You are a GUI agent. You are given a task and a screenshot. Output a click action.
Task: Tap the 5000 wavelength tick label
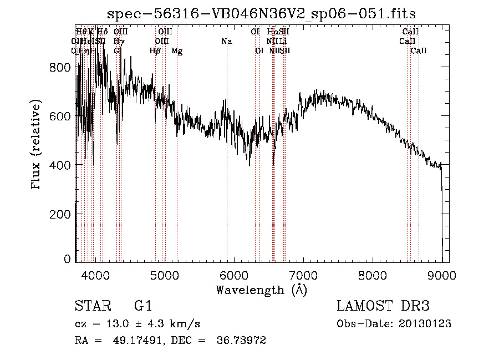point(164,275)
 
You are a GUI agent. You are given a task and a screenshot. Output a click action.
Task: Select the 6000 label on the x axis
point(234,275)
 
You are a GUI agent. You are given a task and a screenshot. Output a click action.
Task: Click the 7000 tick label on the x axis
point(303,275)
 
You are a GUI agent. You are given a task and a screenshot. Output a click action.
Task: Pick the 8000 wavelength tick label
point(373,275)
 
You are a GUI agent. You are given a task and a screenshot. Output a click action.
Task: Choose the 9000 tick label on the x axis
point(442,275)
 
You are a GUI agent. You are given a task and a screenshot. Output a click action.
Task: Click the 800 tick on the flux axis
point(60,67)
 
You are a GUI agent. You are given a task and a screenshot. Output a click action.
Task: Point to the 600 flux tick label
point(60,116)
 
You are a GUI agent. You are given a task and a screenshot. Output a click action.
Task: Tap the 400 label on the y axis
point(60,165)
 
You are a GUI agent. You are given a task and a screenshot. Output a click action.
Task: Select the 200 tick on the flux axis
point(60,214)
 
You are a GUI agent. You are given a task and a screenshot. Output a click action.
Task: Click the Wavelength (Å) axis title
point(262,290)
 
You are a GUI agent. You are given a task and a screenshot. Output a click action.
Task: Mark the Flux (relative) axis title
point(37,145)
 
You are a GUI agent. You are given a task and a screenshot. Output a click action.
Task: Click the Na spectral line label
point(226,41)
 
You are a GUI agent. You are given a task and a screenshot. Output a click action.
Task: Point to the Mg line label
point(177,51)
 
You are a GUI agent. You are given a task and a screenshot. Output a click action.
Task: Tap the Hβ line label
point(155,51)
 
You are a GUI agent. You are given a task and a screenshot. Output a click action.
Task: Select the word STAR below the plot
point(91,306)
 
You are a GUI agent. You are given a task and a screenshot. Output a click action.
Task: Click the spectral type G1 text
point(143,306)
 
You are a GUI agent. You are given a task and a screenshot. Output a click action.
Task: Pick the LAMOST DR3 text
point(383,306)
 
